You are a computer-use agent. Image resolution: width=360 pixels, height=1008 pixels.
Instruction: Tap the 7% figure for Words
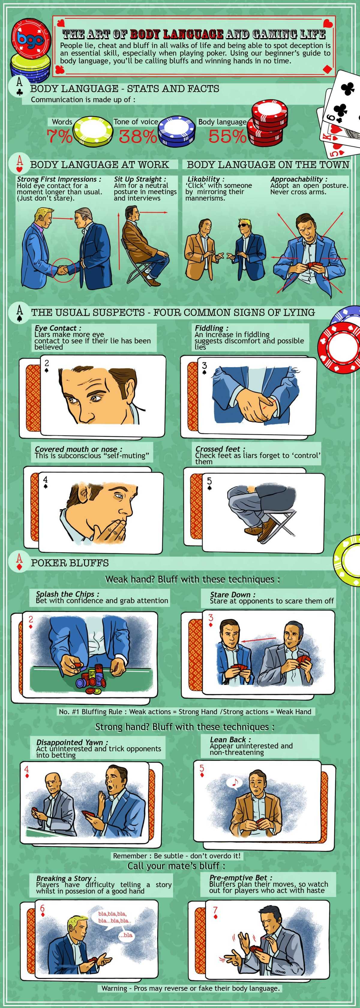click(x=59, y=136)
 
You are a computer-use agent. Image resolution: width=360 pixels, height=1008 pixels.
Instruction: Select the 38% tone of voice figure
click(x=137, y=136)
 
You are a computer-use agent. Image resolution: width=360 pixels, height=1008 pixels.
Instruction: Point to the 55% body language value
click(x=227, y=136)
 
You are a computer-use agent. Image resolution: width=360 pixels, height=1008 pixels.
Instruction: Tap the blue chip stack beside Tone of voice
click(x=176, y=131)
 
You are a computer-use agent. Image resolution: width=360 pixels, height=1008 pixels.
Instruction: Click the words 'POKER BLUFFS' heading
click(x=70, y=563)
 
